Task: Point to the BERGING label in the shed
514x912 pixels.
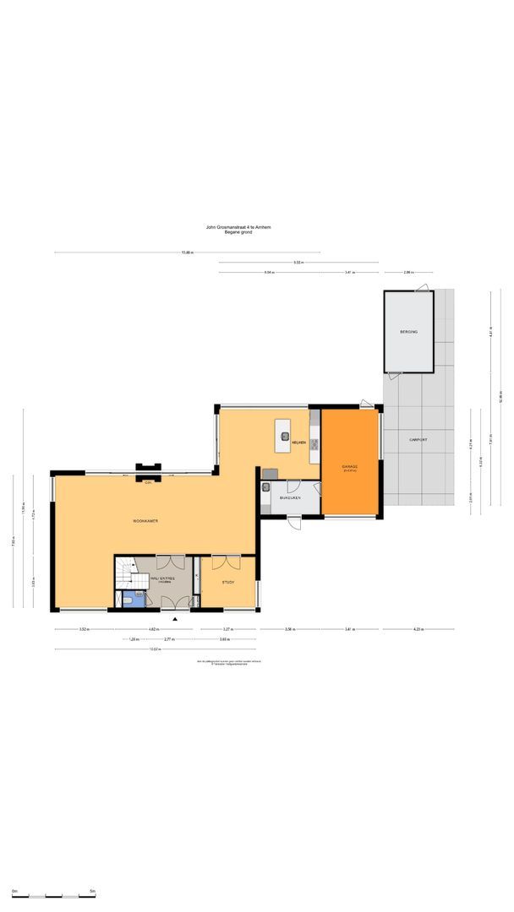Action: pyautogui.click(x=409, y=333)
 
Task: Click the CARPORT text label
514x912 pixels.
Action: pyautogui.click(x=418, y=440)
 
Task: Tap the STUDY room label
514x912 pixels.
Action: pyautogui.click(x=227, y=583)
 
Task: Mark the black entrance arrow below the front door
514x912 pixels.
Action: pyautogui.click(x=175, y=619)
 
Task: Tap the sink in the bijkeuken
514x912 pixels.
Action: pyautogui.click(x=266, y=487)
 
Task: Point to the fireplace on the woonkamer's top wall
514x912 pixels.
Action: pyautogui.click(x=149, y=467)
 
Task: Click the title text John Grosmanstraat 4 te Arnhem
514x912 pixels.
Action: pyautogui.click(x=238, y=227)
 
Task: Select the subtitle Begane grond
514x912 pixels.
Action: pyautogui.click(x=238, y=232)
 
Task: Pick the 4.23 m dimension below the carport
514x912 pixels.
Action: pyautogui.click(x=418, y=630)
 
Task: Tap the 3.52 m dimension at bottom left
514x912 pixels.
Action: pyautogui.click(x=84, y=630)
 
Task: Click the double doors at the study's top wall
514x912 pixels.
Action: pyautogui.click(x=227, y=561)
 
